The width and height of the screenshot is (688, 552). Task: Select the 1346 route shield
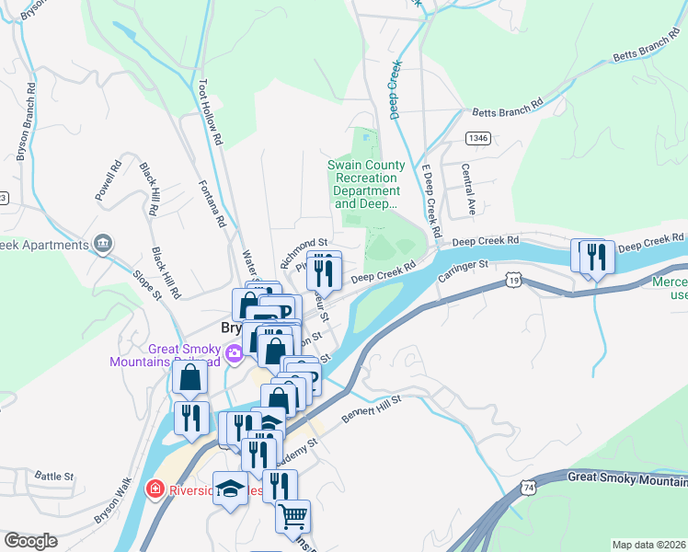477,138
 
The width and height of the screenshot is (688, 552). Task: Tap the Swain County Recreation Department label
367,184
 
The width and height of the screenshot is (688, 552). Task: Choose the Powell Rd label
109,181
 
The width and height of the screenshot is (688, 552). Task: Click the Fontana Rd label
212,203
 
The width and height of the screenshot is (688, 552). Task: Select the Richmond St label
304,250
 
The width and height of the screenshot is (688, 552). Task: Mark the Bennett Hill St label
373,409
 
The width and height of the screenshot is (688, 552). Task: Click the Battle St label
54,476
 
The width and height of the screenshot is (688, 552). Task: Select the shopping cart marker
292,516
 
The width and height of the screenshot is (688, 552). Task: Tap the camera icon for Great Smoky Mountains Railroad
234,352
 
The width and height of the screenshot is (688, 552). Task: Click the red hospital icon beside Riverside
155,489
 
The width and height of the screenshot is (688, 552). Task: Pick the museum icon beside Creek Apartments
102,245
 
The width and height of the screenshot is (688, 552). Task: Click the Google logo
30,541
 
